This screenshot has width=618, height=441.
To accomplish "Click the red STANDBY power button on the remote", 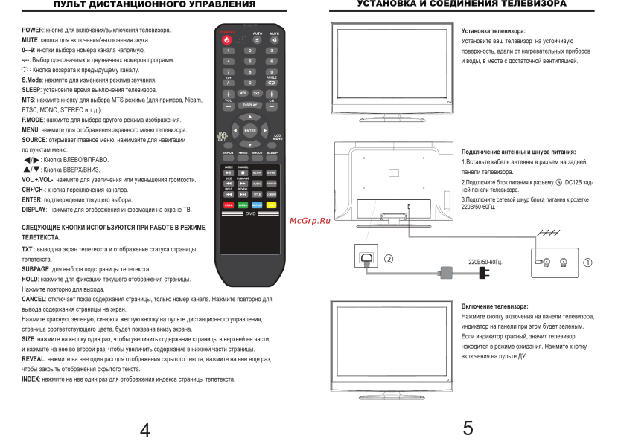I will (229, 39).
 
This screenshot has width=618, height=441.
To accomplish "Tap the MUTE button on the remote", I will (273, 39).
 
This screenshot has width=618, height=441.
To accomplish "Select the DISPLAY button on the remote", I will (250, 106).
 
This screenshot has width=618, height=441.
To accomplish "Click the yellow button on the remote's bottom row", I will (273, 204).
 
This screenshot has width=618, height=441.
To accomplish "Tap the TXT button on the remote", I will (257, 94).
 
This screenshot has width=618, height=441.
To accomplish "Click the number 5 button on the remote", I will (251, 61).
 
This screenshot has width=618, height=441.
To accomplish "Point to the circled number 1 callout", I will (587, 262).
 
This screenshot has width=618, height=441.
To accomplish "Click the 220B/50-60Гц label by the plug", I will (485, 262).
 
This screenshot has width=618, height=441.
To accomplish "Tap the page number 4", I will (146, 429).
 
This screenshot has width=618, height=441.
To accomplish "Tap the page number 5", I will (468, 428).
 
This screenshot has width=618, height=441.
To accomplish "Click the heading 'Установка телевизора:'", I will (493, 31).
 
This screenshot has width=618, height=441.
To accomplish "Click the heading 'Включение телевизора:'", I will (494, 306).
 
